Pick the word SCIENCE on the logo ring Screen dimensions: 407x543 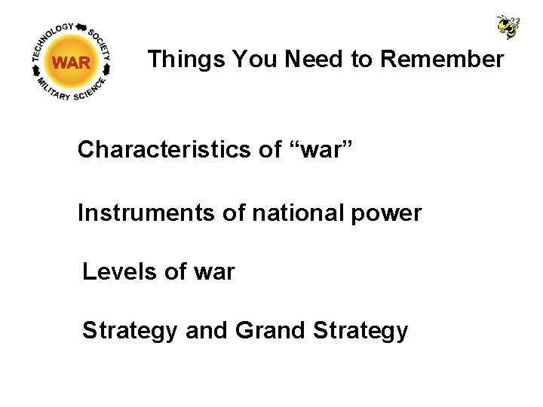92,90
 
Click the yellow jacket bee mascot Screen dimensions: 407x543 507,26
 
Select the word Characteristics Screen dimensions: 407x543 164,150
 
